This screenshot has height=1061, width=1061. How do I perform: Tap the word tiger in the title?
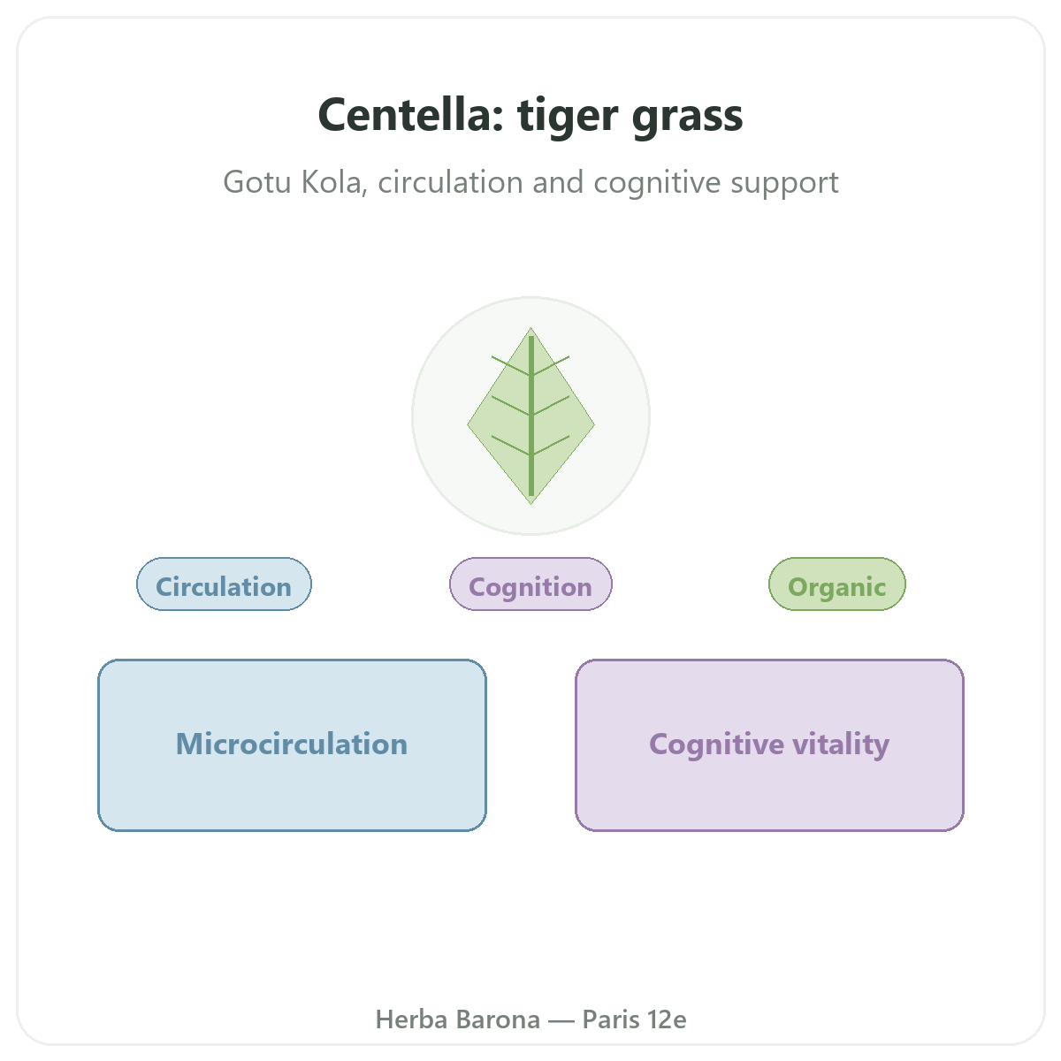[568, 117]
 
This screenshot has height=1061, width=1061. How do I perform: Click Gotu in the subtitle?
[257, 182]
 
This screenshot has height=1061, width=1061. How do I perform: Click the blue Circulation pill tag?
[224, 584]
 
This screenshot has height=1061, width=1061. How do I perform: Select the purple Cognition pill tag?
[530, 584]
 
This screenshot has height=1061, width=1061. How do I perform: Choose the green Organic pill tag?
[837, 584]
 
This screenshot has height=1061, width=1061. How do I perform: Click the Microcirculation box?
[292, 745]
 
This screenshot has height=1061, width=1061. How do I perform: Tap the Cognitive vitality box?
[769, 745]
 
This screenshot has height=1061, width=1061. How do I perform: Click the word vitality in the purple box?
[841, 745]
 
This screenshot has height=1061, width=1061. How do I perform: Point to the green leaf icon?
[530, 416]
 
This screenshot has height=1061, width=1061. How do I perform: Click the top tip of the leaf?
[530, 328]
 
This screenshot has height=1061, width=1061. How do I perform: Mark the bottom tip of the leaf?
[530, 504]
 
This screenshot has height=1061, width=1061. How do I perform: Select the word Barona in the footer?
[498, 1019]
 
